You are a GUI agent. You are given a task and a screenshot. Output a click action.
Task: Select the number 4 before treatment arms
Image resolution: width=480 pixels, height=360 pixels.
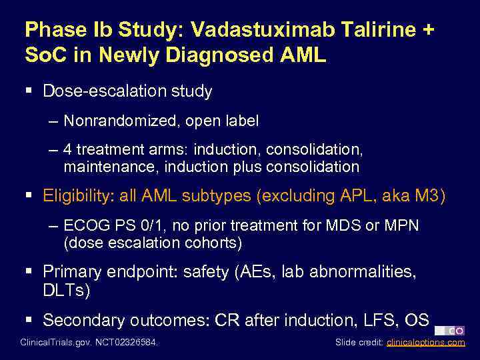[x=69, y=150]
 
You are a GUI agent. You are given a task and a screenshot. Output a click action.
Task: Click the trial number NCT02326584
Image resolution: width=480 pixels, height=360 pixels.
[x=130, y=343]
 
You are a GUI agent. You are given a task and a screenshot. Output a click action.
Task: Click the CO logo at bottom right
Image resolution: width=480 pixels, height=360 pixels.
[x=450, y=331]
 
